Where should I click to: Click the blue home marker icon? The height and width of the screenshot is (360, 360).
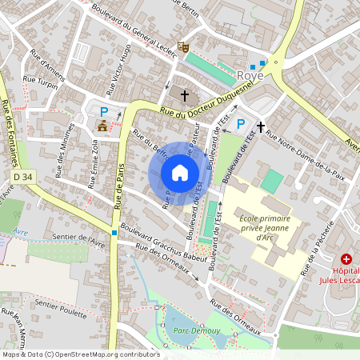click(180, 173)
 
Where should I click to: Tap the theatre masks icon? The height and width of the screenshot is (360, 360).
click(182, 47)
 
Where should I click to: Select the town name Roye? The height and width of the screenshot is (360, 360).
click(251, 76)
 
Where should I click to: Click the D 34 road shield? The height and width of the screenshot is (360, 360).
click(23, 175)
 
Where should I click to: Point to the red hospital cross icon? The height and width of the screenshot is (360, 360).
click(346, 258)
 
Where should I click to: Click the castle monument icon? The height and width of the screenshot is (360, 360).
click(102, 126)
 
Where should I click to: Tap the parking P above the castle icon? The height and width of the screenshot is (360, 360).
click(103, 110)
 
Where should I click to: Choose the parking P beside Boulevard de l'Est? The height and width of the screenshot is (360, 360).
click(241, 123)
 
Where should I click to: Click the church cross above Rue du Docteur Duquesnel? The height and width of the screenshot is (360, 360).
click(186, 96)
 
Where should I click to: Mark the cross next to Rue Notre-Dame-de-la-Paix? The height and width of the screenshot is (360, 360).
click(260, 126)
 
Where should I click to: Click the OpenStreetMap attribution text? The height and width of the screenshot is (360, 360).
click(80, 354)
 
